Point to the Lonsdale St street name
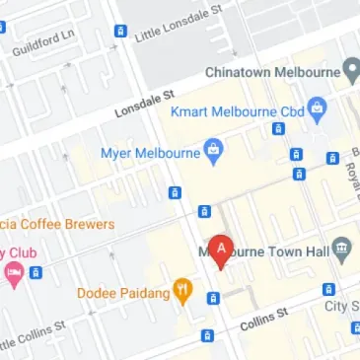[144, 101]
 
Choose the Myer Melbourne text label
[149, 152]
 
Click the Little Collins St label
[34, 333]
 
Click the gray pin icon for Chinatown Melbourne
[349, 71]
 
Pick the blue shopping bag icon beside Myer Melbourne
[212, 151]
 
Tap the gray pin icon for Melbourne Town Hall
[342, 248]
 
